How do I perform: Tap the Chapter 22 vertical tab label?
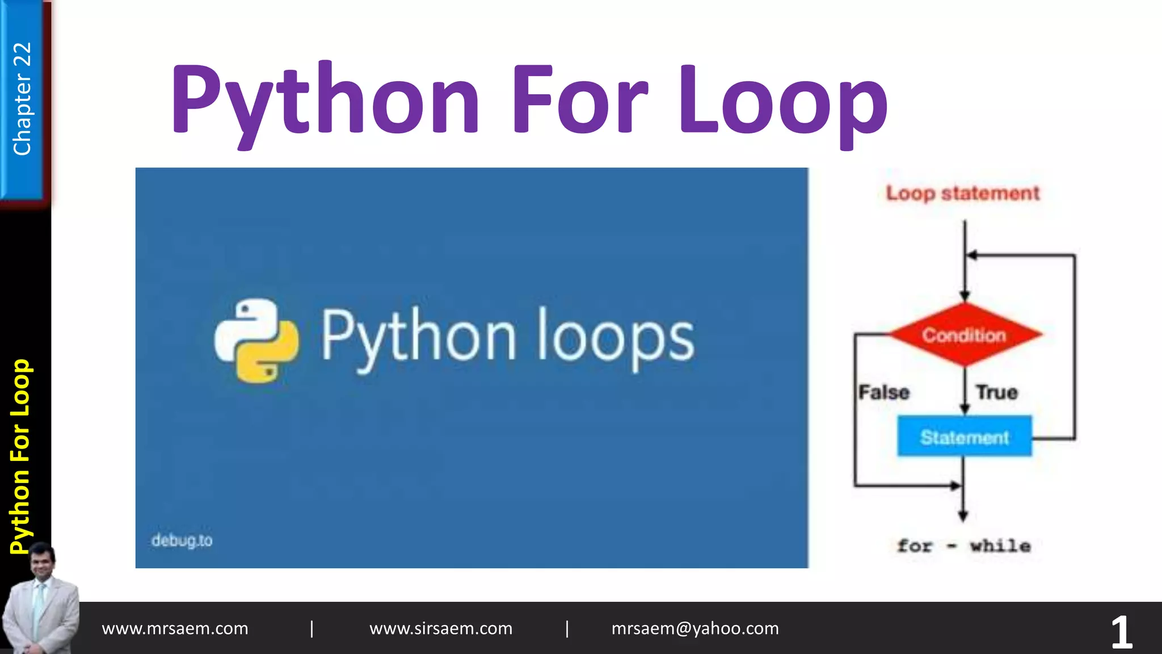22,99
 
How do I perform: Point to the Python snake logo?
256,340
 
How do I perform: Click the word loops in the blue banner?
616,338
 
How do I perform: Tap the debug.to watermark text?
182,540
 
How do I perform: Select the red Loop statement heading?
963,194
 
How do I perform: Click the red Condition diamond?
964,335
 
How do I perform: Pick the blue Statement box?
965,437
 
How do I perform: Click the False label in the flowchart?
883,392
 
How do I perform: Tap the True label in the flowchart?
997,392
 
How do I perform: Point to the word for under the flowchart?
915,546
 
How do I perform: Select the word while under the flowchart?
1000,546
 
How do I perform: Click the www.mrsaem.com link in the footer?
175,628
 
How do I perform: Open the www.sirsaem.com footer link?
441,628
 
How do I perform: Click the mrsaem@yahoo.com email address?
695,628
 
